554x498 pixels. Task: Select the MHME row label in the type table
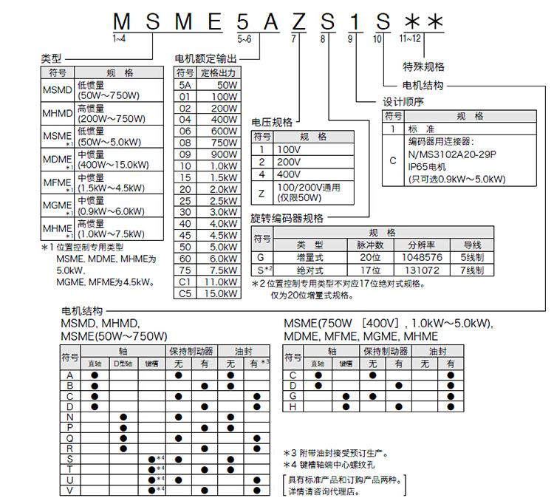(x=57, y=227)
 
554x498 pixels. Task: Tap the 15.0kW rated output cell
(x=224, y=293)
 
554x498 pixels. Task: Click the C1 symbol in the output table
(x=185, y=282)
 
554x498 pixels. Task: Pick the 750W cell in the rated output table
(x=224, y=143)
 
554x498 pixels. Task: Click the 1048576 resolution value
(x=422, y=257)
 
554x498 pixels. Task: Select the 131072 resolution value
(x=422, y=270)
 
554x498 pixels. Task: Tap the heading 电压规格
(x=272, y=121)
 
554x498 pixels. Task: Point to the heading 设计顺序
(x=403, y=101)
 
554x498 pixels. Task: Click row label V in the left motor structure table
(x=70, y=489)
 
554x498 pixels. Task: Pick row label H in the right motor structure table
(x=293, y=406)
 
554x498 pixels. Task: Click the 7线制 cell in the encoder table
(x=473, y=270)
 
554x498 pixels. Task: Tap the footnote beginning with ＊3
(x=336, y=452)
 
